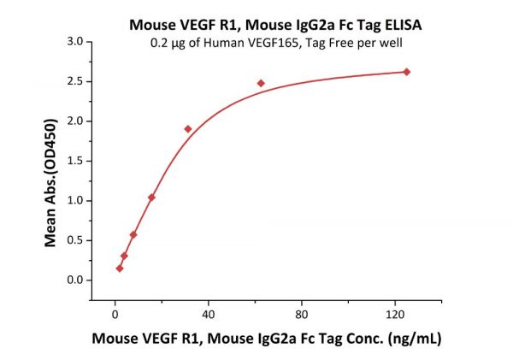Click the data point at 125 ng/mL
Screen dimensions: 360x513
(x=406, y=72)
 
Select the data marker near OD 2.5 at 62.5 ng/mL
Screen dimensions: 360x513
(x=261, y=83)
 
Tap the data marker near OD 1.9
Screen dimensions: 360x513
(x=188, y=129)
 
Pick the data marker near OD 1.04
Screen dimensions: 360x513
(x=151, y=198)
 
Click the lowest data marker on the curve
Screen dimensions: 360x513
(x=120, y=269)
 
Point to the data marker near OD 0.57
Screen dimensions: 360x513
(x=133, y=234)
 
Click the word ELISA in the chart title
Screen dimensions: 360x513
(x=400, y=23)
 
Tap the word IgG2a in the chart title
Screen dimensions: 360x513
(x=292, y=23)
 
